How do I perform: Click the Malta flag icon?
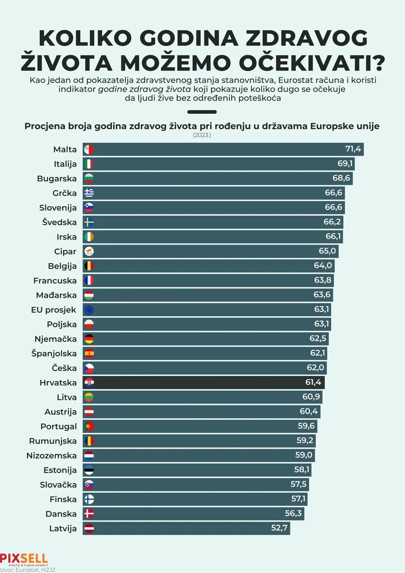point(89,149)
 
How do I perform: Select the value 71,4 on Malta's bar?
point(353,149)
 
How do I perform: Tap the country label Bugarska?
point(57,179)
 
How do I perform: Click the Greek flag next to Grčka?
point(89,193)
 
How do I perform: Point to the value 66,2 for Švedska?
point(332,222)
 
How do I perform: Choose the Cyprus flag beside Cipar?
point(89,251)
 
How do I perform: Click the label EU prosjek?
point(54,310)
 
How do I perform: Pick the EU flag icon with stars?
point(89,310)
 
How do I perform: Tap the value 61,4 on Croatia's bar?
point(313,382)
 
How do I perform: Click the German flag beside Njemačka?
point(89,339)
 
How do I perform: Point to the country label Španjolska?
point(54,353)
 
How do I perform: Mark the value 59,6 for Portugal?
point(306,426)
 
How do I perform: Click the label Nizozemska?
point(52,456)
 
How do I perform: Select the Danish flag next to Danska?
point(89,514)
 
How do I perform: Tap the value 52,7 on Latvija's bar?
point(279,528)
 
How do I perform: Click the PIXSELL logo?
point(24,559)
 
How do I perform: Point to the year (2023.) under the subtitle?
point(202,135)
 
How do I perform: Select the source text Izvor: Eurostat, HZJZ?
point(28,570)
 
